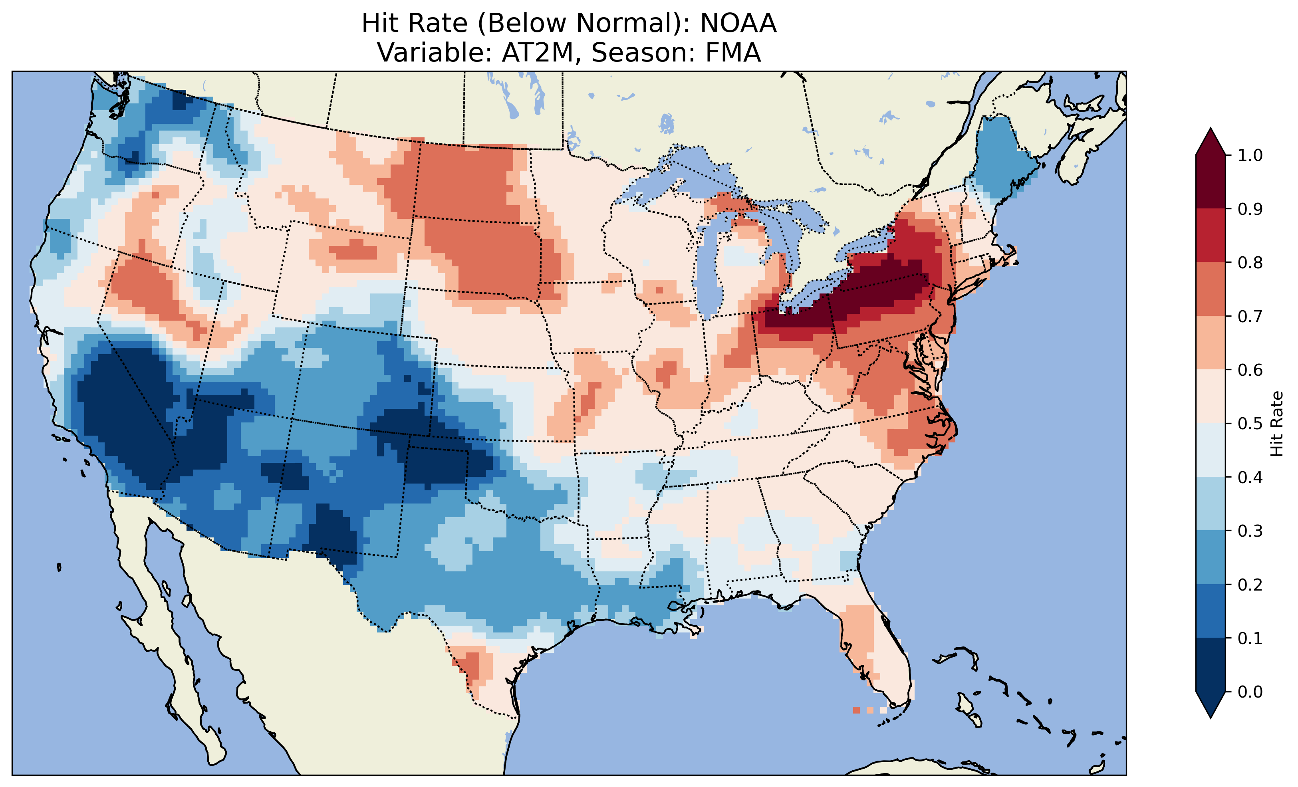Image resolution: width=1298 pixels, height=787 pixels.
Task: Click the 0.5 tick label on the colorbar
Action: (1250, 424)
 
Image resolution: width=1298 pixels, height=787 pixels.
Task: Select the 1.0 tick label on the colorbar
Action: (1250, 155)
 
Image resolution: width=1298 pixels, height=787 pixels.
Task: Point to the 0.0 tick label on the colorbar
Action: (1250, 692)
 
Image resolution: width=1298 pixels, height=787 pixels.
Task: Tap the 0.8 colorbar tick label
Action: (1250, 262)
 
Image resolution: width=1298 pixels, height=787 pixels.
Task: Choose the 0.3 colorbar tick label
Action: (1250, 531)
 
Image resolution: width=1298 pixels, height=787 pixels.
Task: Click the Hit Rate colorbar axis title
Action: (1276, 424)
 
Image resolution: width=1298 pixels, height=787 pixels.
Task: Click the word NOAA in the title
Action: (738, 24)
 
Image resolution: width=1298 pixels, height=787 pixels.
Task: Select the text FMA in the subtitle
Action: (728, 53)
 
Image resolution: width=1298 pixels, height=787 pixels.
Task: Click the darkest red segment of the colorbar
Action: (1211, 182)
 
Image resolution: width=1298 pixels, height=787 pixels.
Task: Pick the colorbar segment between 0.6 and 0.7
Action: (1211, 343)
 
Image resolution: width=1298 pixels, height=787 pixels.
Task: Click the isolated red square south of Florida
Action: (856, 710)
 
